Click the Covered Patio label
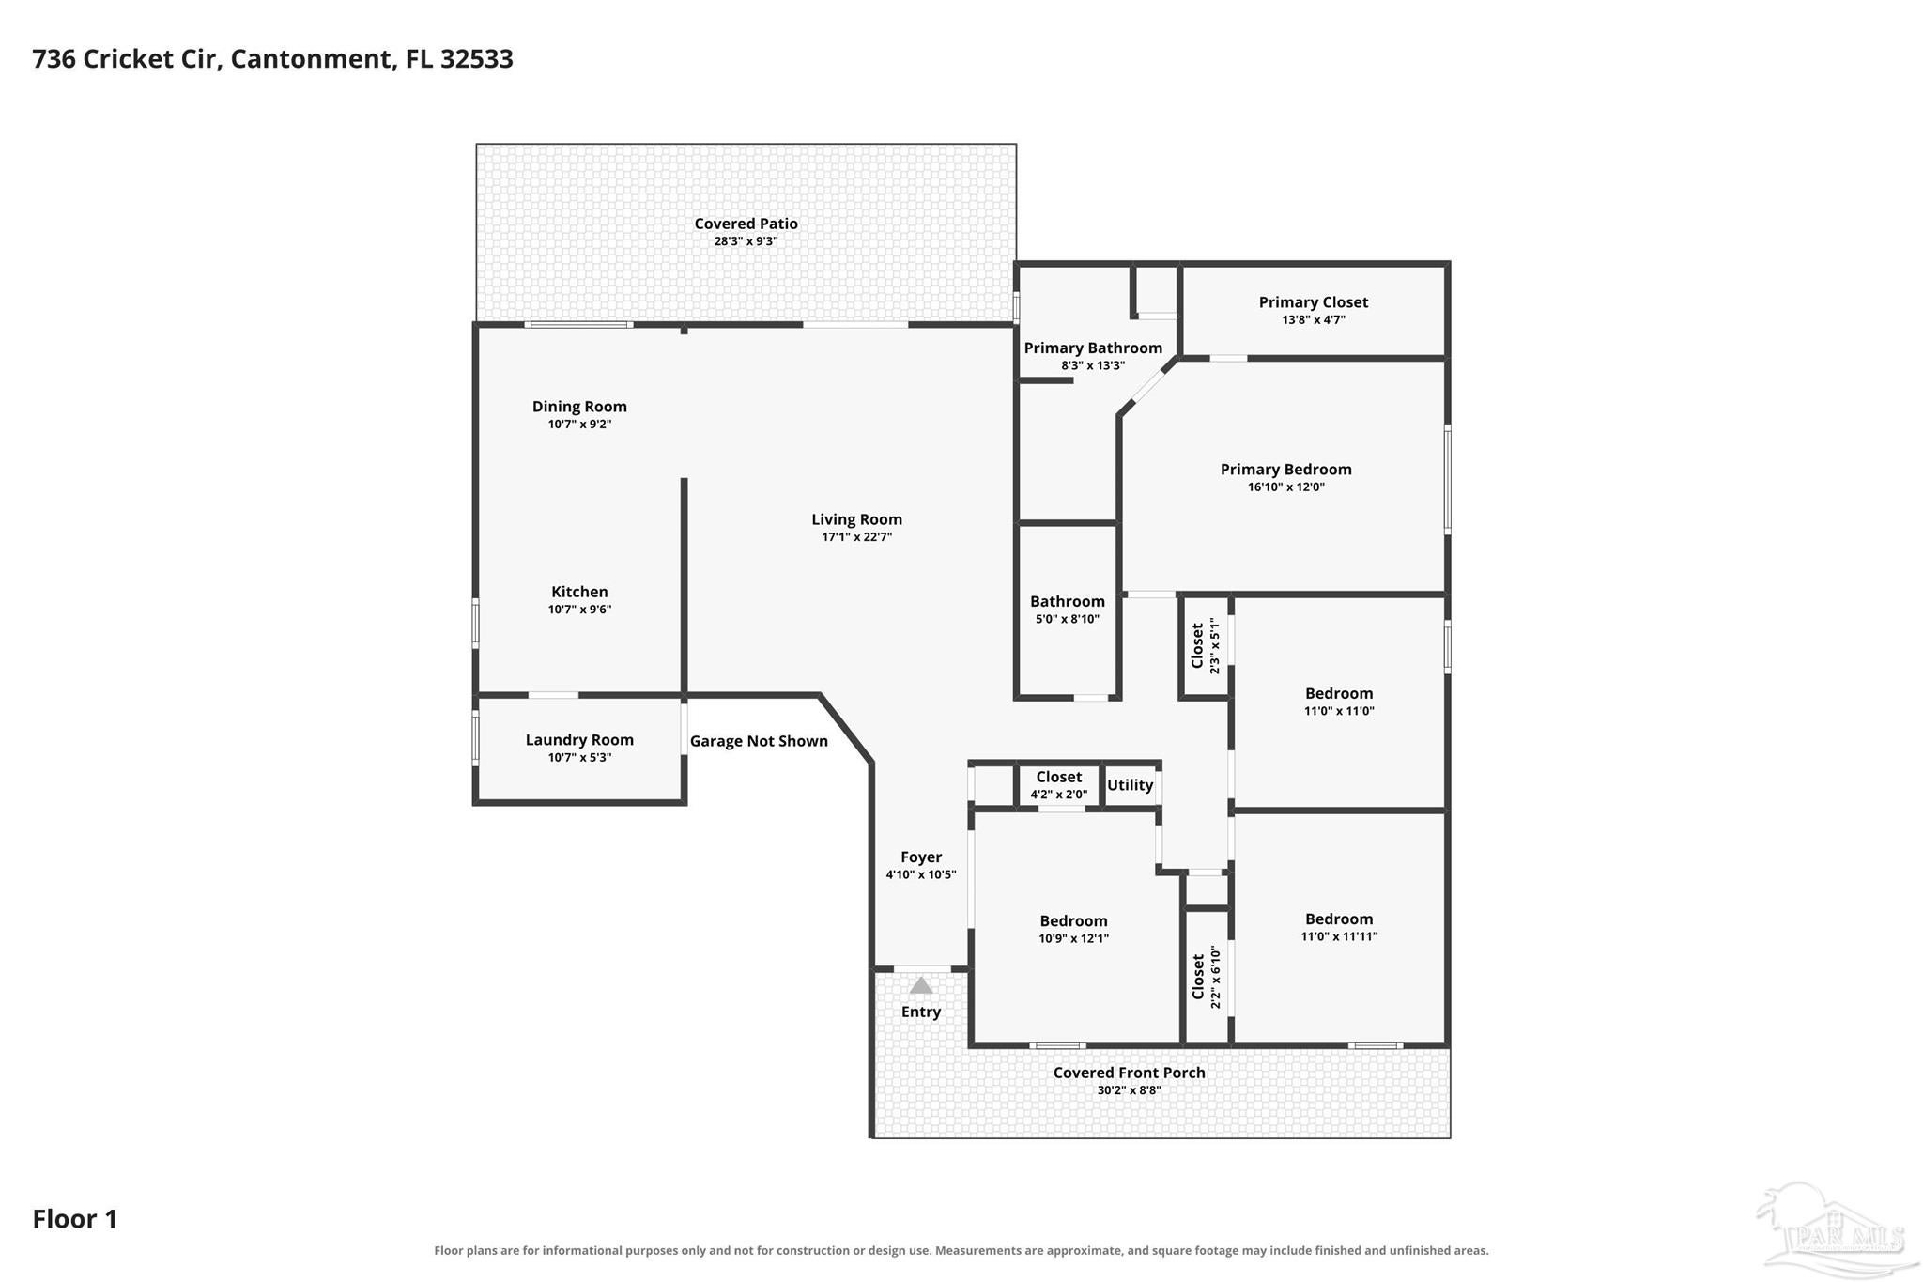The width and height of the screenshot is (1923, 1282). (746, 224)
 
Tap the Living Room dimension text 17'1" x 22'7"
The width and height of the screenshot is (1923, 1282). (856, 537)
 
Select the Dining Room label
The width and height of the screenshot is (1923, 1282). (579, 407)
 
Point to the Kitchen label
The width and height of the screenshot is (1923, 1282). (579, 592)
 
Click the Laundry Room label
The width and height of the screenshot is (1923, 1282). (579, 740)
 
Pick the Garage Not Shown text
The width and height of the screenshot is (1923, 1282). (759, 741)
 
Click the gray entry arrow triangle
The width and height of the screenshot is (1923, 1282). (921, 985)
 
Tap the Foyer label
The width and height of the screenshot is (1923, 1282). (921, 857)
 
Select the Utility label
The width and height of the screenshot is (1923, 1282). (1130, 785)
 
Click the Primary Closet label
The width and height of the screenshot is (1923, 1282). (1314, 302)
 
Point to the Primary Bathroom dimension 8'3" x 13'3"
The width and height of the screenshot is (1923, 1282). (1093, 366)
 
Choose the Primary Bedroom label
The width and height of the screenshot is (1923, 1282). (1286, 470)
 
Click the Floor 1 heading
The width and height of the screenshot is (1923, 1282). (75, 1219)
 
